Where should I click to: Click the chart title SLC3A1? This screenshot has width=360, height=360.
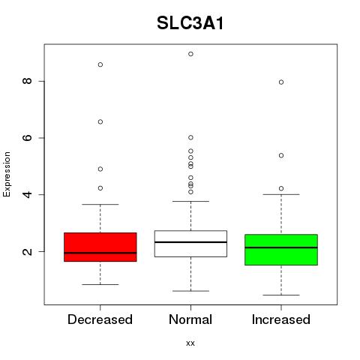tap(190, 23)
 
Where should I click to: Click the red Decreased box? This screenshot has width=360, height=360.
tap(100, 247)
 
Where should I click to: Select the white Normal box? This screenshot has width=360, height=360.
tap(190, 244)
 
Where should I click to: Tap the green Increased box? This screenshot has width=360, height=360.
tap(281, 250)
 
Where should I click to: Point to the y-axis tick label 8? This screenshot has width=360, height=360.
tap(27, 81)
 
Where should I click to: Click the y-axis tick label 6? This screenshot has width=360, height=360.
tap(27, 138)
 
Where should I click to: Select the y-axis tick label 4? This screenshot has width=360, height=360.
tap(27, 194)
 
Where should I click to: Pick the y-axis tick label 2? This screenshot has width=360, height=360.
tap(27, 251)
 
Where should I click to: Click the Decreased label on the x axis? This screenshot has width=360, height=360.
tap(100, 319)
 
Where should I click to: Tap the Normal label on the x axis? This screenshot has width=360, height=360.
tap(190, 319)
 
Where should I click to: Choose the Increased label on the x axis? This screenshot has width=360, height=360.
tap(281, 319)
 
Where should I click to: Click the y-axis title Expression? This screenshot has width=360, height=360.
tap(7, 174)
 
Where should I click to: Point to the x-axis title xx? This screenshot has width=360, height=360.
tap(190, 343)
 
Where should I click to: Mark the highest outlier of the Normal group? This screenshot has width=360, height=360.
tap(190, 54)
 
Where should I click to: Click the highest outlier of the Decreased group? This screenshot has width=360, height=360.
tap(100, 64)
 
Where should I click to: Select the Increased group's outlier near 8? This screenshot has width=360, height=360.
tap(281, 82)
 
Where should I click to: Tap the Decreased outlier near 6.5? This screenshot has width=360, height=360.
tap(100, 121)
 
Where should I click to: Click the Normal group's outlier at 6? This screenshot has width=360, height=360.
tap(190, 137)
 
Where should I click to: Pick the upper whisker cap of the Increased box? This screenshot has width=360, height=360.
tap(281, 194)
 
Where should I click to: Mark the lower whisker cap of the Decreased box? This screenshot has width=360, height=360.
tap(100, 284)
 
